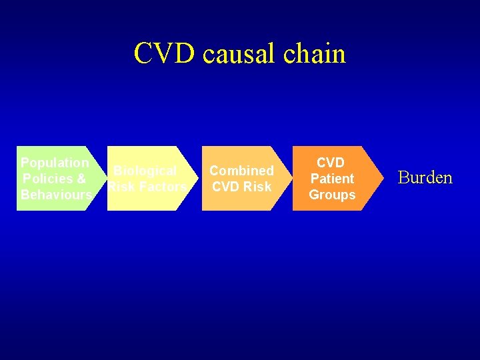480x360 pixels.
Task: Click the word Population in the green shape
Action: click(x=55, y=163)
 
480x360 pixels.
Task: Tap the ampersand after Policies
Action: click(x=81, y=179)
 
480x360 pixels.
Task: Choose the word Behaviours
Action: click(x=56, y=195)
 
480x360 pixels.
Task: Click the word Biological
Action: click(x=145, y=171)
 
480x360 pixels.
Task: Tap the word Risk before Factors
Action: click(x=122, y=187)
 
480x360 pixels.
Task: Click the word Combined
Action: click(x=241, y=171)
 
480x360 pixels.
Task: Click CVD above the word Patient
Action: click(x=331, y=163)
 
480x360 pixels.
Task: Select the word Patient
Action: click(x=332, y=179)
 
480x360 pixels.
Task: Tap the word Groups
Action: click(x=332, y=195)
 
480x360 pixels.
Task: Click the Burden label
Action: click(x=425, y=178)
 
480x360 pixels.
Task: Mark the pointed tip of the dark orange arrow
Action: click(x=383, y=178)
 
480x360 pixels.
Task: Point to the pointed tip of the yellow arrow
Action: click(x=199, y=178)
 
